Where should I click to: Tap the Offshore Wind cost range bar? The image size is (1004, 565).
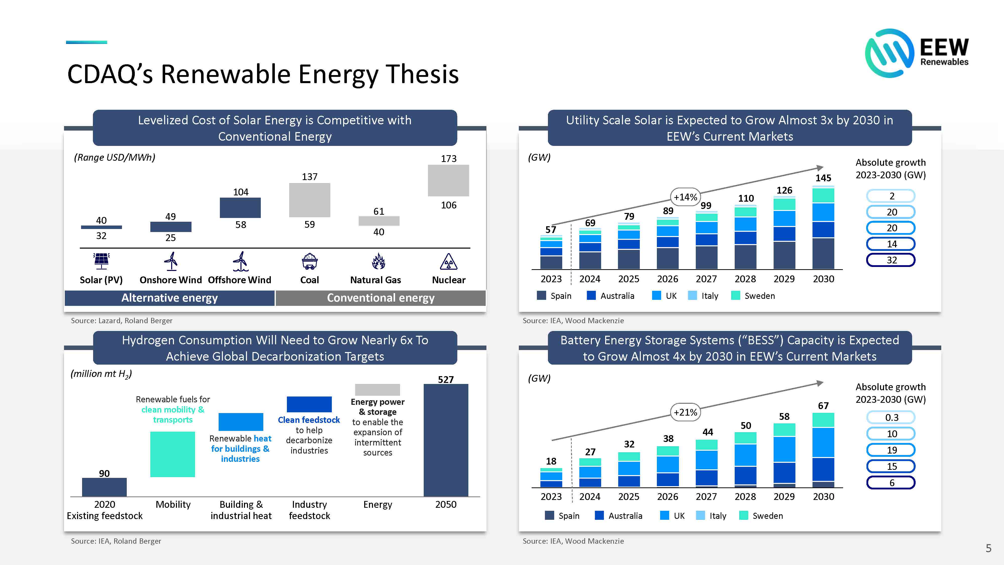click(240, 207)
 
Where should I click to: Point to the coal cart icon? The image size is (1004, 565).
click(309, 261)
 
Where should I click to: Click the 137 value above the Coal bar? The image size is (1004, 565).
click(309, 177)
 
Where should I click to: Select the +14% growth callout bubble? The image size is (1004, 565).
click(685, 197)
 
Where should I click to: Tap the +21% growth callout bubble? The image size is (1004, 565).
click(685, 412)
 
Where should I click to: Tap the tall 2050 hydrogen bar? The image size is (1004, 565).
click(446, 440)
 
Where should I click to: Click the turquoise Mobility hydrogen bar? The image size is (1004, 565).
click(173, 454)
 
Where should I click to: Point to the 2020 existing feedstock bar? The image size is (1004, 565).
click(104, 487)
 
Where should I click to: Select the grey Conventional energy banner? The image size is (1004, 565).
click(381, 298)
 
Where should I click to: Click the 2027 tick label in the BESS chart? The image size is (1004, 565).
click(706, 496)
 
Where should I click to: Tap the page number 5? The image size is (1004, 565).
click(988, 548)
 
